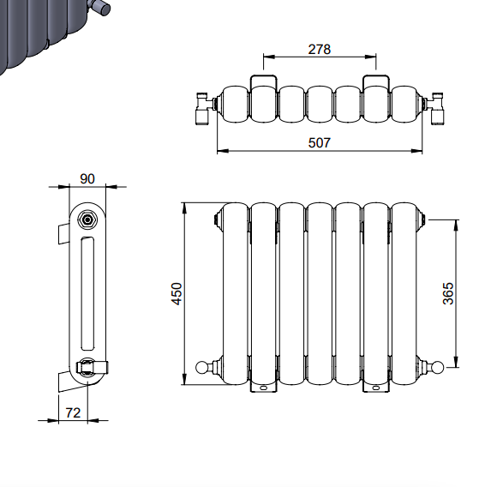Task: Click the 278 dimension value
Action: pyautogui.click(x=319, y=50)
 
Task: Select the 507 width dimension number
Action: pyautogui.click(x=319, y=143)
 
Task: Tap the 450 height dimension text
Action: pyautogui.click(x=177, y=293)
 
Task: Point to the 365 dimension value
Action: pyautogui.click(x=448, y=293)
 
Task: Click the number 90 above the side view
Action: pyautogui.click(x=87, y=179)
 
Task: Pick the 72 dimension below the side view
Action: pyautogui.click(x=73, y=412)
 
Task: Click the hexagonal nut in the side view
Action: pyautogui.click(x=87, y=219)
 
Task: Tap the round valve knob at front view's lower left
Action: pyautogui.click(x=201, y=367)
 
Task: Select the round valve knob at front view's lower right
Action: pyautogui.click(x=438, y=367)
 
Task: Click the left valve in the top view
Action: pyautogui.click(x=205, y=108)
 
